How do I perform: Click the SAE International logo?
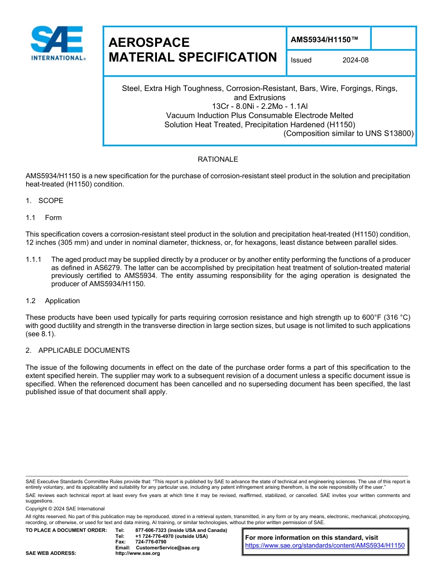tap(57, 44)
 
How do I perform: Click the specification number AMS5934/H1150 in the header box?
tap(324, 40)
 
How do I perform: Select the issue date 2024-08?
tap(355, 60)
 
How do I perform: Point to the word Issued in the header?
tap(301, 60)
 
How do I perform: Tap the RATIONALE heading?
tap(218, 159)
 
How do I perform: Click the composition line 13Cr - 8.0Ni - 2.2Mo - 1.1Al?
tap(259, 106)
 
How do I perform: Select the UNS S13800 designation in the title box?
tap(390, 134)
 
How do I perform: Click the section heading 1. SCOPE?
tap(45, 201)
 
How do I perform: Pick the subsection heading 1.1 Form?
tap(44, 218)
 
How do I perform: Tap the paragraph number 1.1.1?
tap(34, 260)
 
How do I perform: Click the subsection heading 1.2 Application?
tap(53, 301)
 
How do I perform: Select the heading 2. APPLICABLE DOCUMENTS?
tap(78, 350)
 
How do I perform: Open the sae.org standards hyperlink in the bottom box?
tap(324, 546)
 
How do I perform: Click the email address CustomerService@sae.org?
tap(168, 548)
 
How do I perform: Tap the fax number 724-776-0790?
tap(151, 542)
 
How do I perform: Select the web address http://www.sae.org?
tap(138, 554)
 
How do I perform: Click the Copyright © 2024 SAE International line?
tap(65, 508)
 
